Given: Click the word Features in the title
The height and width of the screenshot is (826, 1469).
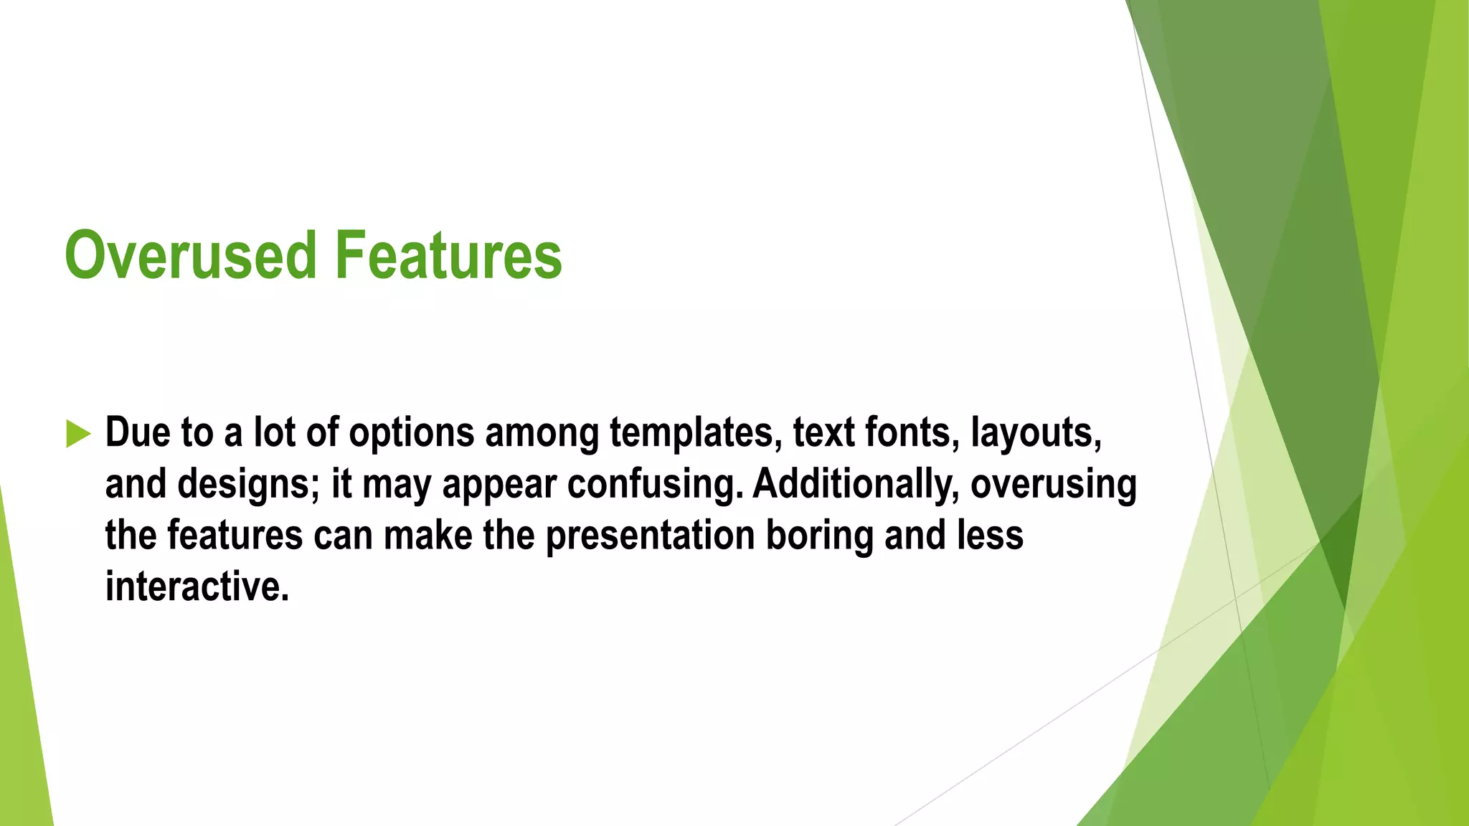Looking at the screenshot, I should click(448, 255).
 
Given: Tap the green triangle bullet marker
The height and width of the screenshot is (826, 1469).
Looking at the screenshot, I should click(77, 434).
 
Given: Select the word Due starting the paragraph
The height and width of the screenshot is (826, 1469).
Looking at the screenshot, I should click(137, 432).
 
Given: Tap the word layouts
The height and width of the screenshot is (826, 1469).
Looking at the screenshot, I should click(1036, 434).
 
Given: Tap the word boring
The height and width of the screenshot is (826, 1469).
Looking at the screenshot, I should click(819, 536).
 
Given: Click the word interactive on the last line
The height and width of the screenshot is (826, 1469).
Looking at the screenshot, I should click(197, 587).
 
